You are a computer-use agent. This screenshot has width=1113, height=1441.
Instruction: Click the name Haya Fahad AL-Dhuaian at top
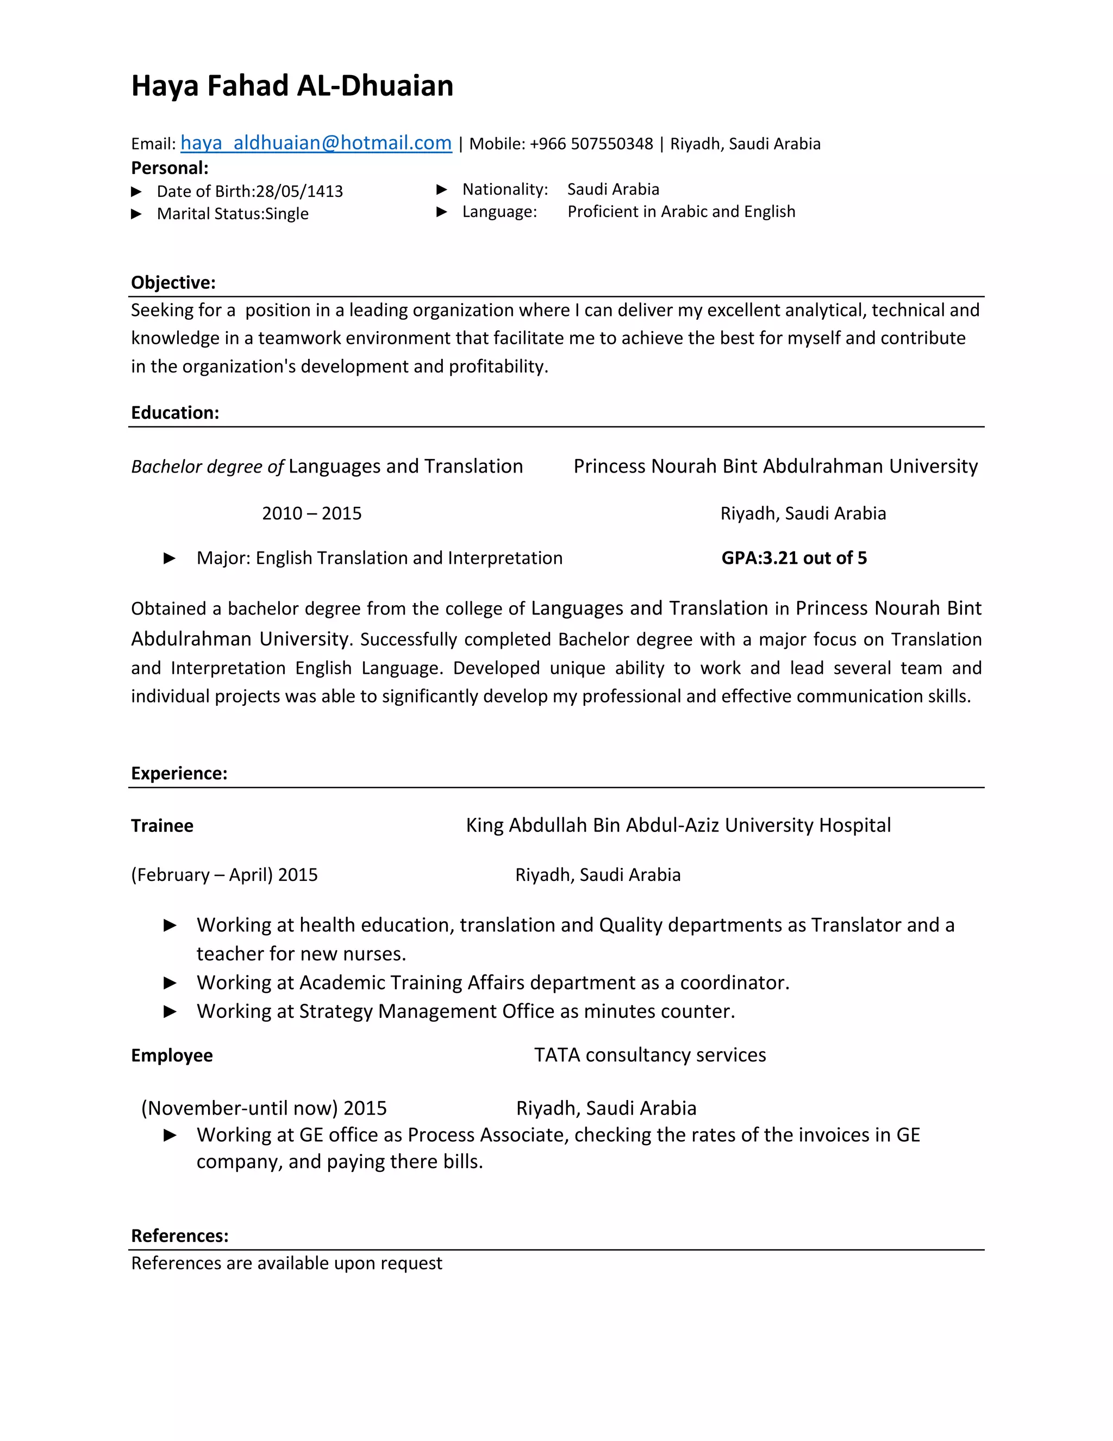coord(292,86)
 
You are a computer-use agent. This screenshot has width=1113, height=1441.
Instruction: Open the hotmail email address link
coord(316,142)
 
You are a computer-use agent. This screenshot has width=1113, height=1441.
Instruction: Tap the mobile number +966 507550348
coord(591,144)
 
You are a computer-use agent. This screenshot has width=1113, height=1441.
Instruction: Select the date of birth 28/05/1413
coord(299,191)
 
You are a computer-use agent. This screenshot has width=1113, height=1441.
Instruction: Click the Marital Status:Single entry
coord(232,214)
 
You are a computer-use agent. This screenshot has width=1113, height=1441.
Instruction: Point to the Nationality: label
coord(504,189)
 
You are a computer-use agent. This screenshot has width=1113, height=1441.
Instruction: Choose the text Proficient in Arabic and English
coord(681,212)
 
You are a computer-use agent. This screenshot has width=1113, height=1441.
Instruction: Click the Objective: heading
coord(173,282)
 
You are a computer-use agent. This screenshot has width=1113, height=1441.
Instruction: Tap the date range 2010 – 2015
coord(311,513)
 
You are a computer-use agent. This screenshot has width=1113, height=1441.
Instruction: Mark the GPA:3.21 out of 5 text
coord(794,558)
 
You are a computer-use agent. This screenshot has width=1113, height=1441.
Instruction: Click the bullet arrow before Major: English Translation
coord(170,558)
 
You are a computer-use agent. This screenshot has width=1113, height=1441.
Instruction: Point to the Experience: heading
coord(179,773)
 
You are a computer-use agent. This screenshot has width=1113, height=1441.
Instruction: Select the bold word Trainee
coord(162,826)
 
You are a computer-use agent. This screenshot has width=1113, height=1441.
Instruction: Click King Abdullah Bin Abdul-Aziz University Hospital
coord(678,825)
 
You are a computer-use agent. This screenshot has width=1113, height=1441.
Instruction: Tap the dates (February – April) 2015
coord(224,875)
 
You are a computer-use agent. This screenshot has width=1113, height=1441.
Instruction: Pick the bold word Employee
coord(171,1055)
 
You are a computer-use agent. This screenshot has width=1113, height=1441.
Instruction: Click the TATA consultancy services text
coord(649,1055)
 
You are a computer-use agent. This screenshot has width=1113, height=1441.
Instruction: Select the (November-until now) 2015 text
coord(264,1108)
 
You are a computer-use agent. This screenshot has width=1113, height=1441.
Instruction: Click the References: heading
coord(179,1236)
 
